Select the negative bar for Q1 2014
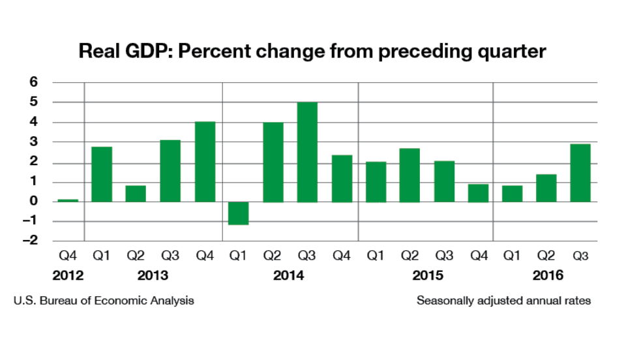(x=238, y=213)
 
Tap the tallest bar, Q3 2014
(x=306, y=152)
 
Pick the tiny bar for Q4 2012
(x=68, y=200)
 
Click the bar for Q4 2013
(x=204, y=162)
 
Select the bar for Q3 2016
(x=580, y=173)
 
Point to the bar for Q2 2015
(x=409, y=175)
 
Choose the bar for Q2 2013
(x=136, y=194)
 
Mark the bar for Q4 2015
(x=477, y=193)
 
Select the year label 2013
(x=153, y=276)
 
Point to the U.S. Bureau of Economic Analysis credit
(x=103, y=301)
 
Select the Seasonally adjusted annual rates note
(x=503, y=301)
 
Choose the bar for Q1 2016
(x=512, y=194)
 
